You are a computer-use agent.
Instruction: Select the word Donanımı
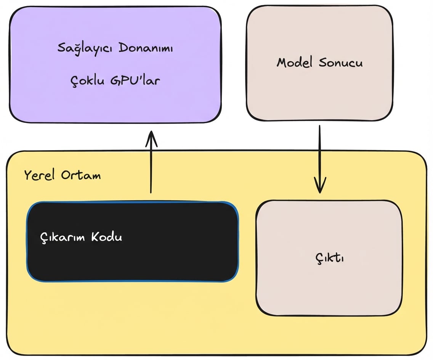(x=146, y=48)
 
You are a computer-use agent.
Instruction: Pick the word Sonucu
(x=340, y=63)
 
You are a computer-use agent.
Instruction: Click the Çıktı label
(x=330, y=259)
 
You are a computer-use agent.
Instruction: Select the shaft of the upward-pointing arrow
(x=151, y=168)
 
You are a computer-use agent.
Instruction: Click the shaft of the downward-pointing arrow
(x=319, y=153)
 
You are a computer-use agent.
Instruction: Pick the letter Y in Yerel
(x=27, y=175)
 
